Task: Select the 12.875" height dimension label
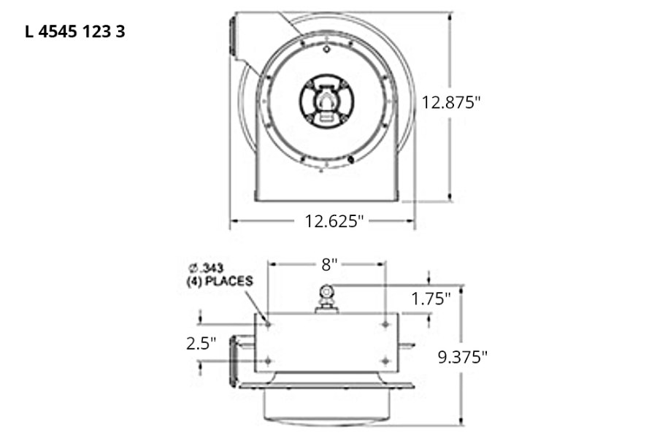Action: point(451,102)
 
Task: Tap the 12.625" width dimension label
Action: point(334,220)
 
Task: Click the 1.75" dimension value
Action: point(431,298)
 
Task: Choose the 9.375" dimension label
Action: point(462,357)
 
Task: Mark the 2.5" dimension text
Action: point(201,343)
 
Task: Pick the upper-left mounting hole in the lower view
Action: point(268,323)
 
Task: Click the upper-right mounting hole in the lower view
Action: point(385,323)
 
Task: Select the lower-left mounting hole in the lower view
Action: point(268,361)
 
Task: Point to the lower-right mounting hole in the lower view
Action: point(385,361)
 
